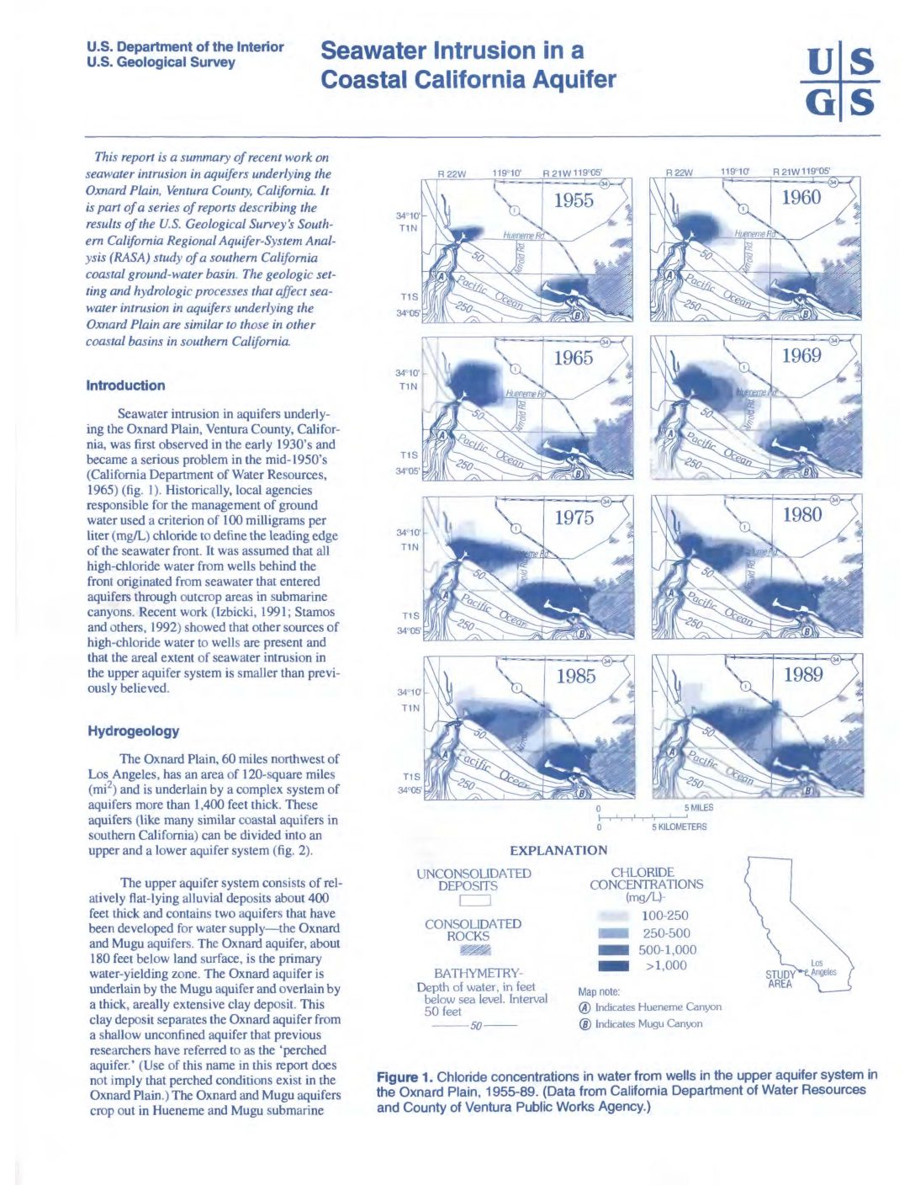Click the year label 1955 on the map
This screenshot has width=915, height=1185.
(x=574, y=200)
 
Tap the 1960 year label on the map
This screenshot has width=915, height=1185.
(x=801, y=198)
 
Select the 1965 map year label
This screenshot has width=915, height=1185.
(x=573, y=358)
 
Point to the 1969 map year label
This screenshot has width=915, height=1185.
(x=801, y=356)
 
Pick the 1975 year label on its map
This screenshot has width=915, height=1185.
(x=574, y=518)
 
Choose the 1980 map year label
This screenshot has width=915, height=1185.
(x=801, y=515)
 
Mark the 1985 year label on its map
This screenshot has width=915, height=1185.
(x=575, y=677)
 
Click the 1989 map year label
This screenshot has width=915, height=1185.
(x=802, y=674)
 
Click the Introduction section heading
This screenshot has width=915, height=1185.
(x=125, y=385)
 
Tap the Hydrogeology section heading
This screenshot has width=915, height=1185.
(x=133, y=731)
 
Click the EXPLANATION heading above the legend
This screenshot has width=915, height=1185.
(x=558, y=851)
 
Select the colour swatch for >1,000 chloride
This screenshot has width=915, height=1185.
(x=613, y=966)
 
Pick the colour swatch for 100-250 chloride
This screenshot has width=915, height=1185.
(x=613, y=916)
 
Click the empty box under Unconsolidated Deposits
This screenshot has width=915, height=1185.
(x=474, y=901)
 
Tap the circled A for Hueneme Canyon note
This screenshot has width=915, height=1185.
(x=584, y=1007)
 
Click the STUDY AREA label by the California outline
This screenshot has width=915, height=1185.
(x=780, y=979)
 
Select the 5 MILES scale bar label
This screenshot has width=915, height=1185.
(x=698, y=808)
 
